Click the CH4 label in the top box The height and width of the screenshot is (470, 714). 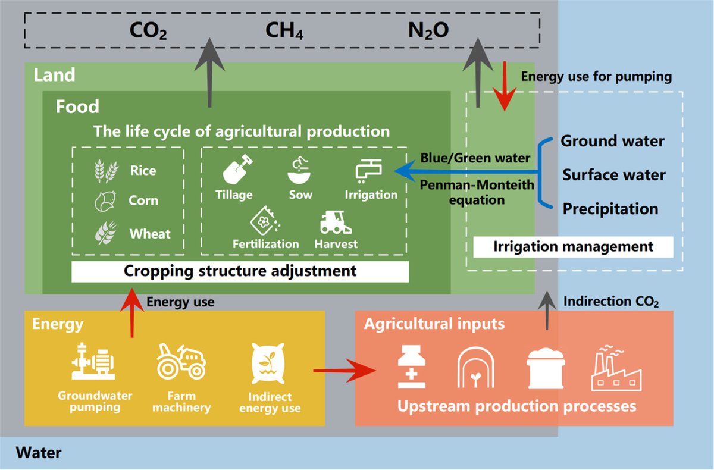click(x=284, y=31)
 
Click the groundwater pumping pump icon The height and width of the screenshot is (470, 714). click(x=95, y=362)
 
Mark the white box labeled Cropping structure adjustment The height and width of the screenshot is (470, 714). click(x=240, y=271)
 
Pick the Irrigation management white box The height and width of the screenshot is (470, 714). click(x=573, y=246)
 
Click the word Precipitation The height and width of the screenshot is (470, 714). click(x=610, y=209)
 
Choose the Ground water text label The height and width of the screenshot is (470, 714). click(x=612, y=141)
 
